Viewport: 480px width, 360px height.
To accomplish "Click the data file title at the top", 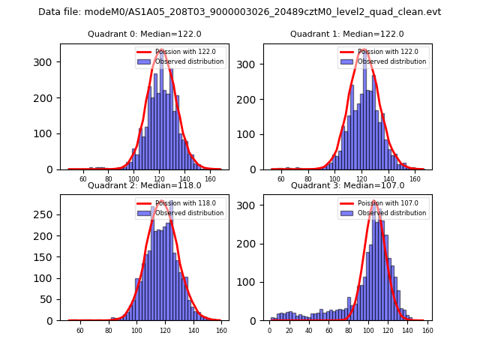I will click(239, 12).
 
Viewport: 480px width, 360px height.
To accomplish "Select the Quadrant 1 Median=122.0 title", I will click(346, 34).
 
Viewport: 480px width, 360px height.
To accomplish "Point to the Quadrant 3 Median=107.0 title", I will click(347, 185).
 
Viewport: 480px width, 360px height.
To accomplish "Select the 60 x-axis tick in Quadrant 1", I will click(281, 178).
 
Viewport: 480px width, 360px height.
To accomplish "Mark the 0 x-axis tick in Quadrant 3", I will click(270, 330).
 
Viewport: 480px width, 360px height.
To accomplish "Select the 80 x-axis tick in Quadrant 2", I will click(109, 330).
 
